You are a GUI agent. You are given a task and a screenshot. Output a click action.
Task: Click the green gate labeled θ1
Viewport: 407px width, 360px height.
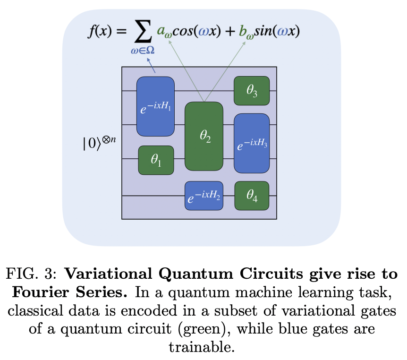click(x=156, y=160)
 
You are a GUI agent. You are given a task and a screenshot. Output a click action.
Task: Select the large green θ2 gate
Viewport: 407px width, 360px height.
click(x=204, y=136)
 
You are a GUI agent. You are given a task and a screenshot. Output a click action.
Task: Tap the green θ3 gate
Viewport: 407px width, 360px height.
click(x=252, y=90)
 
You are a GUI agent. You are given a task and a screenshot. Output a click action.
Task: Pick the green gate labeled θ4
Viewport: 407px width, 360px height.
click(x=252, y=196)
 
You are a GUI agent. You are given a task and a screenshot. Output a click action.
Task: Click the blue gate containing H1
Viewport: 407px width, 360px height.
click(x=155, y=106)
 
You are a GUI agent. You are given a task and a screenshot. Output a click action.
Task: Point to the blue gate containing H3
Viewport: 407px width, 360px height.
click(x=252, y=143)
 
